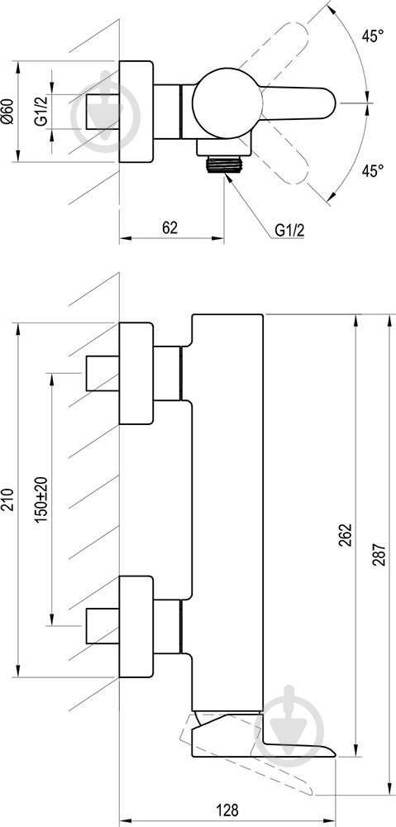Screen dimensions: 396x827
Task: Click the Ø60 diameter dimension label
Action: pyautogui.click(x=7, y=112)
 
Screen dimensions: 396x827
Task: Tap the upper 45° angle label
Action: pyautogui.click(x=372, y=36)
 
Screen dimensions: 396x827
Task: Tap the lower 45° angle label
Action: pyautogui.click(x=372, y=170)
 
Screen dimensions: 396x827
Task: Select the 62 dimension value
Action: pyautogui.click(x=169, y=227)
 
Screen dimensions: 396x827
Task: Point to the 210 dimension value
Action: pyautogui.click(x=7, y=500)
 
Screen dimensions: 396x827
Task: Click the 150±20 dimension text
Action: pyautogui.click(x=41, y=500)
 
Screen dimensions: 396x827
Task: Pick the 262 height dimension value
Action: pyautogui.click(x=345, y=535)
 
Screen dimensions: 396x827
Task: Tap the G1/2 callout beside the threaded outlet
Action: pyautogui.click(x=290, y=230)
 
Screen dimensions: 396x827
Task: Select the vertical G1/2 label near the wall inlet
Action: pyautogui.click(x=41, y=112)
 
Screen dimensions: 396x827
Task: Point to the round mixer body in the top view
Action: pyautogui.click(x=227, y=103)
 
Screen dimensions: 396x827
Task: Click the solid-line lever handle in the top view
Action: pyautogui.click(x=298, y=103)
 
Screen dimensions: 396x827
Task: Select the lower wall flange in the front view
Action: pyautogui.click(x=136, y=627)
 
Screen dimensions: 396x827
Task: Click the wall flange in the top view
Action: pyautogui.click(x=136, y=112)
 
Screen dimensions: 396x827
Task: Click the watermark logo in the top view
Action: pyautogui.click(x=106, y=112)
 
